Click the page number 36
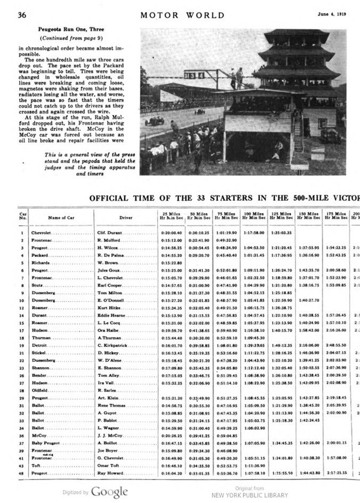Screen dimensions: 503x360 (22, 15)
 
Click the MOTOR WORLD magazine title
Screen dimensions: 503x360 (182, 15)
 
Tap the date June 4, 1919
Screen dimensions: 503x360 (334, 14)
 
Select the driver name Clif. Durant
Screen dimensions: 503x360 (110, 233)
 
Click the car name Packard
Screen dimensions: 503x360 (40, 255)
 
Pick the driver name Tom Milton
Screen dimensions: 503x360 (110, 293)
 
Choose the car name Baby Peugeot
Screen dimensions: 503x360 (45, 442)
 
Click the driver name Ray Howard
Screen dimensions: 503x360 (111, 472)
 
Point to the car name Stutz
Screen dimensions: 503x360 (37, 285)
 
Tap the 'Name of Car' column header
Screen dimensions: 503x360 (59, 217)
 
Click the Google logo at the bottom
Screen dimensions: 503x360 (109, 491)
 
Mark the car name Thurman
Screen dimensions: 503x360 (41, 338)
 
